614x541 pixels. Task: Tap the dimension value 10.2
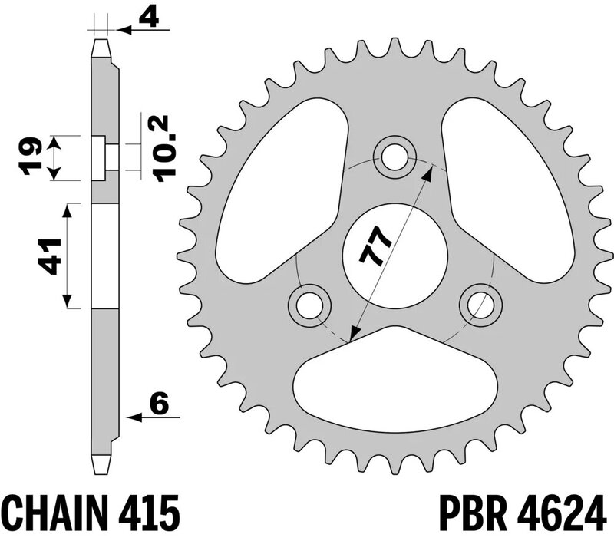pyautogui.click(x=164, y=148)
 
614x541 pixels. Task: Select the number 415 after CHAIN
pyautogui.click(x=149, y=512)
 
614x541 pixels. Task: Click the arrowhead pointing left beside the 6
pyautogui.click(x=133, y=418)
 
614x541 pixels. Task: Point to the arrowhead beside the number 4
pyautogui.click(x=123, y=31)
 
